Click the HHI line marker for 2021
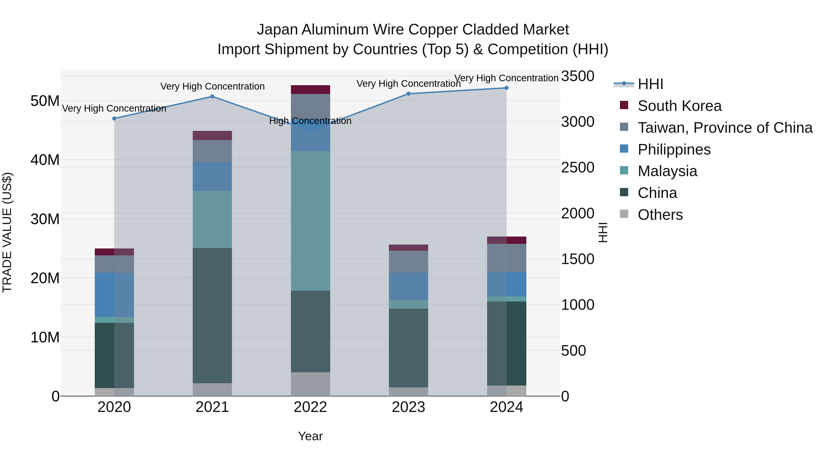point(212,97)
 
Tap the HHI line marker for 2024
point(507,88)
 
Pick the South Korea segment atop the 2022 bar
point(310,90)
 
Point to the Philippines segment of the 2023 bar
point(408,287)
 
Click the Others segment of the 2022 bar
point(310,384)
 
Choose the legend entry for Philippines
point(674,149)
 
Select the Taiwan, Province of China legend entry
point(725,128)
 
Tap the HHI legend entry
point(650,84)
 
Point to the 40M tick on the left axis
point(45,160)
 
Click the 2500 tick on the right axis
point(578,168)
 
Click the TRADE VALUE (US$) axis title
point(7,232)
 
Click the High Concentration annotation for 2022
point(310,121)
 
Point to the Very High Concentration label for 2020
point(114,108)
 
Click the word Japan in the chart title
point(277,30)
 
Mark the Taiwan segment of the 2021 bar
point(212,151)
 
